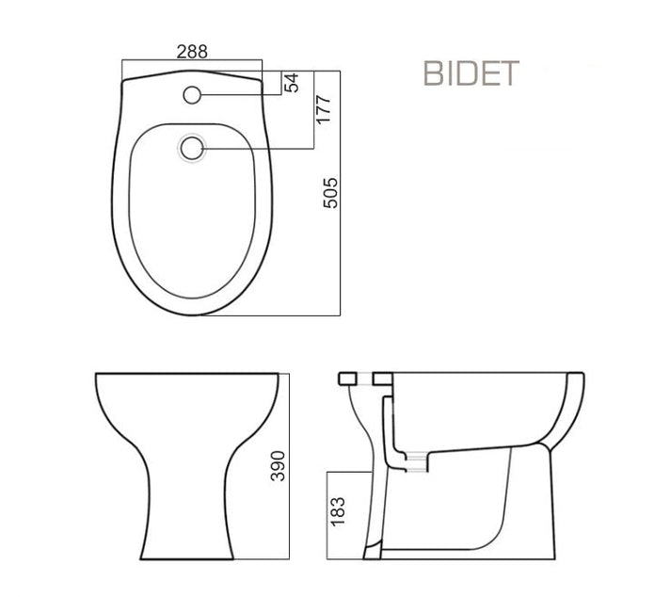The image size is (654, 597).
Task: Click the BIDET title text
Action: [x=471, y=73]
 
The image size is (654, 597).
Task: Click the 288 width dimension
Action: [x=192, y=52]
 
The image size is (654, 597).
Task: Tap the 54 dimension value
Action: [x=292, y=82]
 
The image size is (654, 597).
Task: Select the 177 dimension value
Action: [x=324, y=110]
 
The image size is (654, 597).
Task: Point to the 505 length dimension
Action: [x=330, y=193]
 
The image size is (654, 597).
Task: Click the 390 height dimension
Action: [x=278, y=466]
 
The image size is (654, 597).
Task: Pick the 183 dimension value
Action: [x=338, y=511]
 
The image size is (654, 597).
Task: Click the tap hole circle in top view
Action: [x=192, y=95]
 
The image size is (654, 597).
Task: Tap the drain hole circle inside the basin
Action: [x=192, y=148]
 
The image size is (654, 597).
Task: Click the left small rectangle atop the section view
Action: [x=347, y=379]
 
